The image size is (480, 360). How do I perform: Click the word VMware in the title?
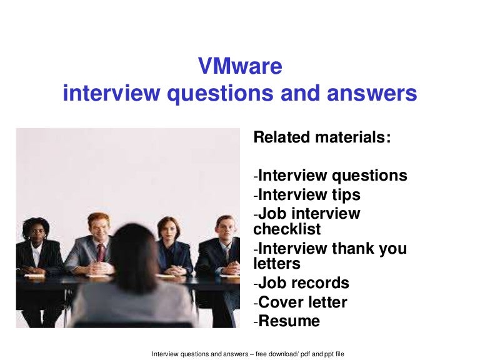[x=240, y=66]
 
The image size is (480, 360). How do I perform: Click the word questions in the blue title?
[x=220, y=94]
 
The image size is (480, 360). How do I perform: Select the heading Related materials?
[x=322, y=137]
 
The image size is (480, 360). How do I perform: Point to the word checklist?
[x=287, y=229]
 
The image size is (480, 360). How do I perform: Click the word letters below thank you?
[x=277, y=264]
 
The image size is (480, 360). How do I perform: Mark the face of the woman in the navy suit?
[x=167, y=229]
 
